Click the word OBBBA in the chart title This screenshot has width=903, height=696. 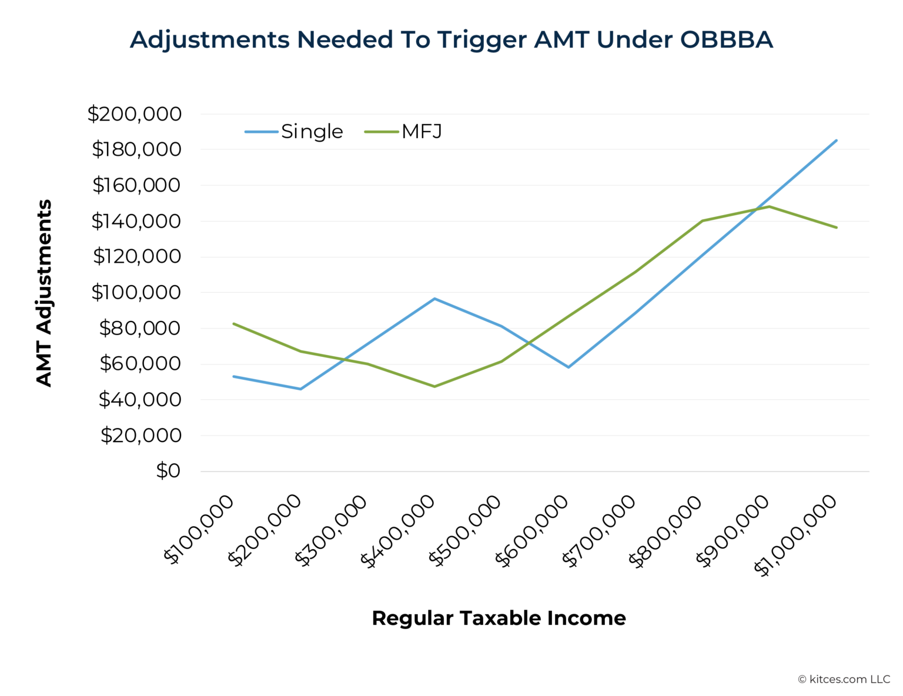(x=726, y=40)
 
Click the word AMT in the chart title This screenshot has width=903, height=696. (x=561, y=40)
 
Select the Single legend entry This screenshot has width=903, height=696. (x=312, y=132)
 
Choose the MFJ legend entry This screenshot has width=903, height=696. (x=422, y=132)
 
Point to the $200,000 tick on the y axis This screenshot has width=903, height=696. (x=135, y=114)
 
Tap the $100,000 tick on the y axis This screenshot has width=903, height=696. (x=136, y=292)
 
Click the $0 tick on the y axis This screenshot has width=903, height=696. (x=168, y=471)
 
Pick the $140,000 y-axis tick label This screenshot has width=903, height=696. (x=136, y=221)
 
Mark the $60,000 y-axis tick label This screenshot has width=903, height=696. (x=140, y=364)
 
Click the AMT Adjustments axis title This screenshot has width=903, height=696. (x=44, y=293)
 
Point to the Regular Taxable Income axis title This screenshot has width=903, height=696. (x=499, y=618)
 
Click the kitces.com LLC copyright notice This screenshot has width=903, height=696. (x=844, y=680)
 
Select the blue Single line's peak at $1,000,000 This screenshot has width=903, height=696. (x=836, y=140)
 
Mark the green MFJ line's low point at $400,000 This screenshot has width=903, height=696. (x=434, y=386)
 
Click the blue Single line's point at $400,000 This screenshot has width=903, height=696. (x=434, y=299)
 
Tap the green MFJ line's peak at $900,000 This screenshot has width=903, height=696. (x=769, y=207)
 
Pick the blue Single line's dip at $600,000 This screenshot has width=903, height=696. (x=568, y=367)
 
